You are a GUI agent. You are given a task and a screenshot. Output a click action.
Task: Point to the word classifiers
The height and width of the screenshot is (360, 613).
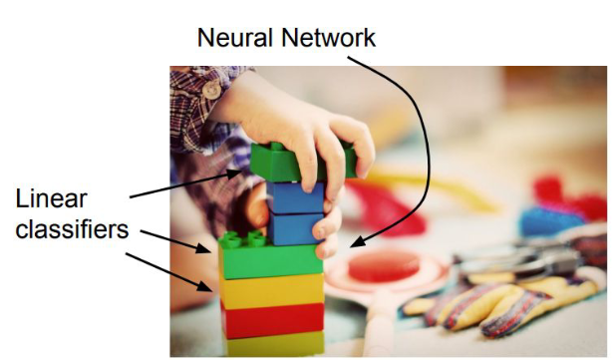(x=72, y=229)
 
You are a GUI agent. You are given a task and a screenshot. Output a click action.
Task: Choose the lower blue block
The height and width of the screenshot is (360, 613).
(x=296, y=228)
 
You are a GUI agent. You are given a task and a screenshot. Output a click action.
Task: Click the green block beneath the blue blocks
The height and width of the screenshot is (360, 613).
(x=271, y=258)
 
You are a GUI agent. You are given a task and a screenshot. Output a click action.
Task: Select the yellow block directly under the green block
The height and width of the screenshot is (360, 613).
(x=271, y=289)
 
